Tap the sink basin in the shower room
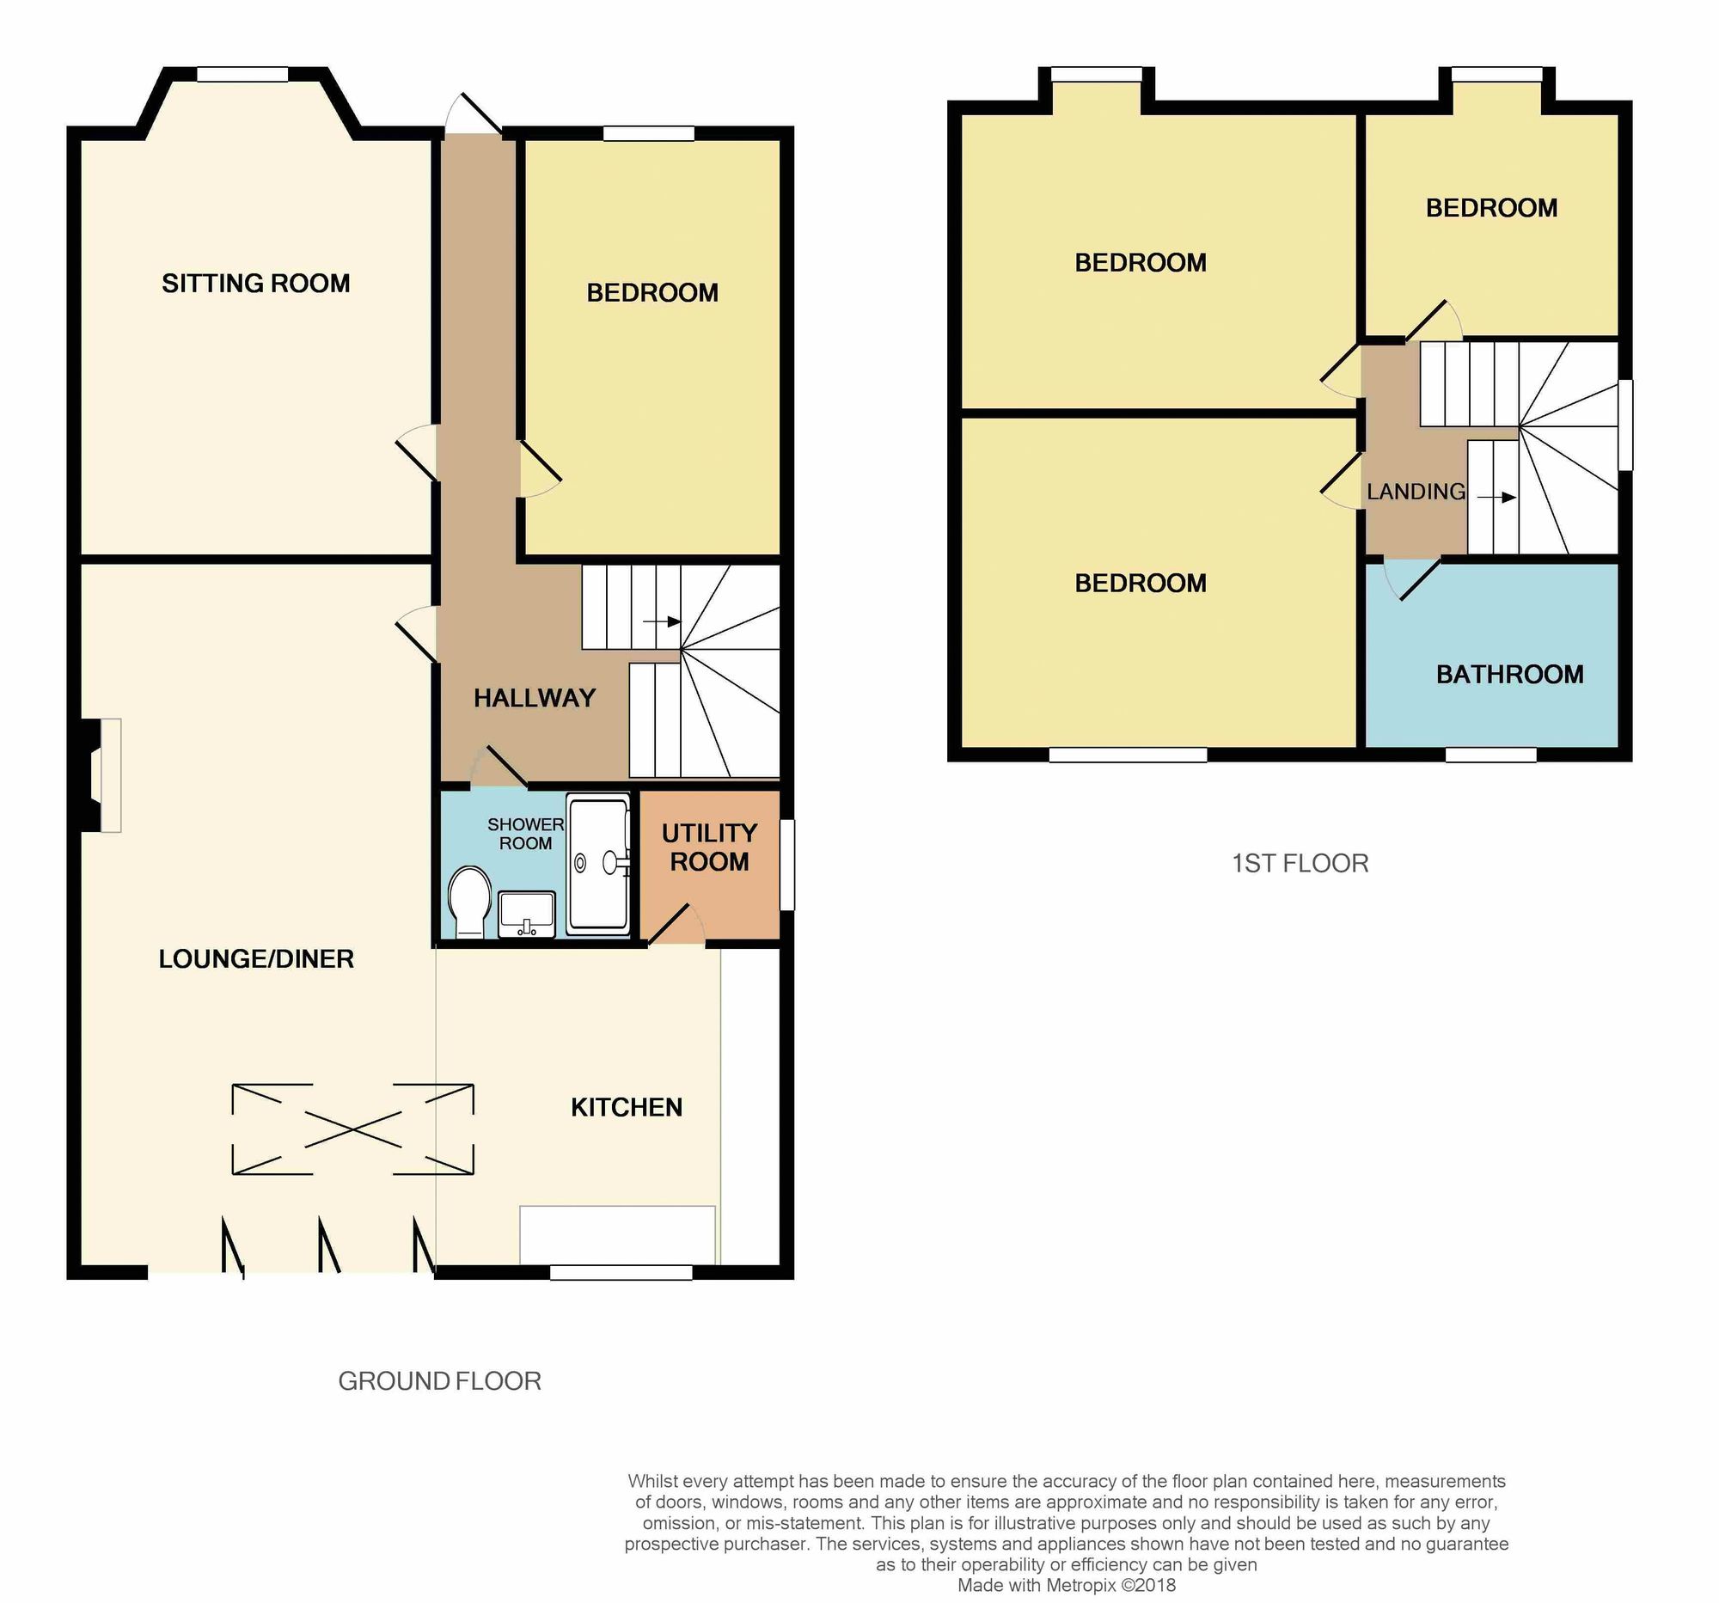click(527, 913)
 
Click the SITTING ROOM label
click(256, 284)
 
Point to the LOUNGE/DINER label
click(256, 959)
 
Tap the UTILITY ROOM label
click(709, 847)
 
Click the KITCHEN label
click(626, 1108)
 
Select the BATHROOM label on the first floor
click(1510, 675)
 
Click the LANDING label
click(1416, 492)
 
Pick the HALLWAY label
click(535, 698)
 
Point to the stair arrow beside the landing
click(1496, 497)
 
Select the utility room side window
click(786, 864)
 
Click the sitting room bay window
click(242, 76)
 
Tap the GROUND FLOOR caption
click(439, 1380)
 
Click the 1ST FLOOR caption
click(1300, 863)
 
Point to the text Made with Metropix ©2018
click(1066, 1585)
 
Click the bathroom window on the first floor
click(1490, 755)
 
